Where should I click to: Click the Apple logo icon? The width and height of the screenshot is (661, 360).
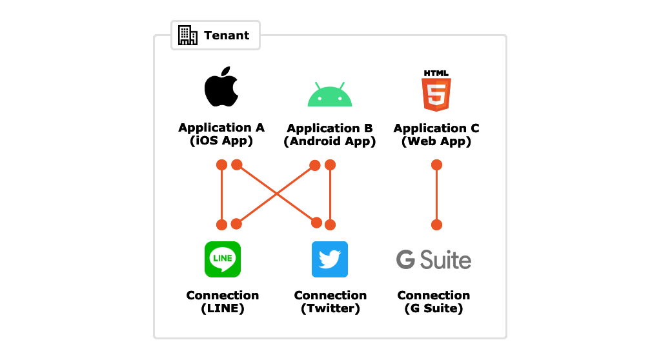221,86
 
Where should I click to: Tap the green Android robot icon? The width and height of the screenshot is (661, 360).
329,95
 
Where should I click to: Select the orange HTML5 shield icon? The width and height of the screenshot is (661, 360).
436,91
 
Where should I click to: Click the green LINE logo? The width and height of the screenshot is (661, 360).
222,259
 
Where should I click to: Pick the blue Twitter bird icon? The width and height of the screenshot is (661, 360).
330,259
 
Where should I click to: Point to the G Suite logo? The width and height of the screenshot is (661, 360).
433,260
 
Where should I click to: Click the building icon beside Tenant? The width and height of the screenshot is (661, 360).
188,35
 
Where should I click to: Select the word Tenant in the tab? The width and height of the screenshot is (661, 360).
226,35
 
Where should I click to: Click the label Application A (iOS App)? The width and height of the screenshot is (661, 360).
221,134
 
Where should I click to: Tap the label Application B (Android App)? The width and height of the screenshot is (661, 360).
329,135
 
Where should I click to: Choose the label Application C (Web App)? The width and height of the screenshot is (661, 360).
436,135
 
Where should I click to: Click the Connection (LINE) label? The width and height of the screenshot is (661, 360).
222,301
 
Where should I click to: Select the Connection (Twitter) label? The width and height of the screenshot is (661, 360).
330,301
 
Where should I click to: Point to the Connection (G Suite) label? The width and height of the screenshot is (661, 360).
433,301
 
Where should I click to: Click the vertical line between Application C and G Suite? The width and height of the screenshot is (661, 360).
436,195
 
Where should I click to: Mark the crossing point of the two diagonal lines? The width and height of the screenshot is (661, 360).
276,194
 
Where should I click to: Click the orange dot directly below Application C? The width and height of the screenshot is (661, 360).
436,165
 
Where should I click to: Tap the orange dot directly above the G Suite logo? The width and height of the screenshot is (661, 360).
436,225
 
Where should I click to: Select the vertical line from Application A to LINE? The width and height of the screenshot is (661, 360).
221,195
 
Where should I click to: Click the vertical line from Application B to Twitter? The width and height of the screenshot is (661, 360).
330,195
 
